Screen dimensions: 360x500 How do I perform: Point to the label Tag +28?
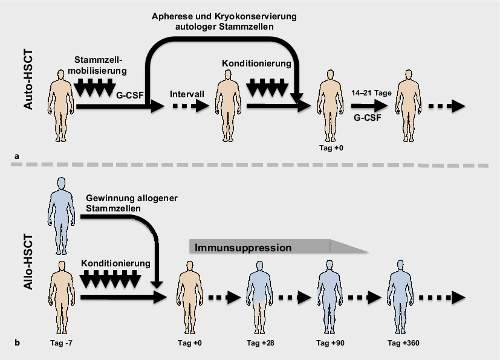[260, 344]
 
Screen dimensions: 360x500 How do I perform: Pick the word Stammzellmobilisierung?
[102, 65]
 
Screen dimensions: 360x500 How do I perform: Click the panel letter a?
[17, 156]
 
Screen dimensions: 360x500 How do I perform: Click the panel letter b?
[17, 344]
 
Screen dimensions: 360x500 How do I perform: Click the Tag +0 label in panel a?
[329, 147]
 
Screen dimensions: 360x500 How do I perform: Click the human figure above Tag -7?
[60, 297]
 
